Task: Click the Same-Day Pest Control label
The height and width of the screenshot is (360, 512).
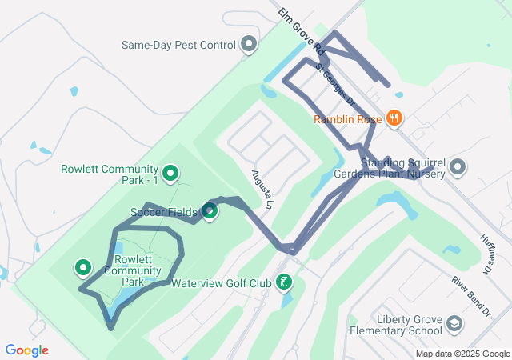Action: (x=178, y=45)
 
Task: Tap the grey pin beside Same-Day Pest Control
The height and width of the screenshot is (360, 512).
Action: (x=249, y=45)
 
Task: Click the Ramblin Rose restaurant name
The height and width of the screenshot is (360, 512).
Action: (x=348, y=120)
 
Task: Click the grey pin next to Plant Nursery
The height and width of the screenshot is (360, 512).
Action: (x=458, y=167)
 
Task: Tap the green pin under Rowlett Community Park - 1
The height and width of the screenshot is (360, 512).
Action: (x=170, y=173)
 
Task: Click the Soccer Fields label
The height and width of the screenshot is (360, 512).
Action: (x=163, y=212)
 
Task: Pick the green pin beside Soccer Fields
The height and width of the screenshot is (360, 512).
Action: (x=210, y=211)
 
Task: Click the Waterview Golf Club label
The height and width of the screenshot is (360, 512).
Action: (x=222, y=282)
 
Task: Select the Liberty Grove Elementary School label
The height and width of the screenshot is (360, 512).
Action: (x=410, y=325)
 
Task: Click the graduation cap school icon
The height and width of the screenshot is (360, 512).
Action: (x=454, y=323)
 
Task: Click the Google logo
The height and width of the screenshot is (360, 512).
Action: (x=26, y=350)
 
